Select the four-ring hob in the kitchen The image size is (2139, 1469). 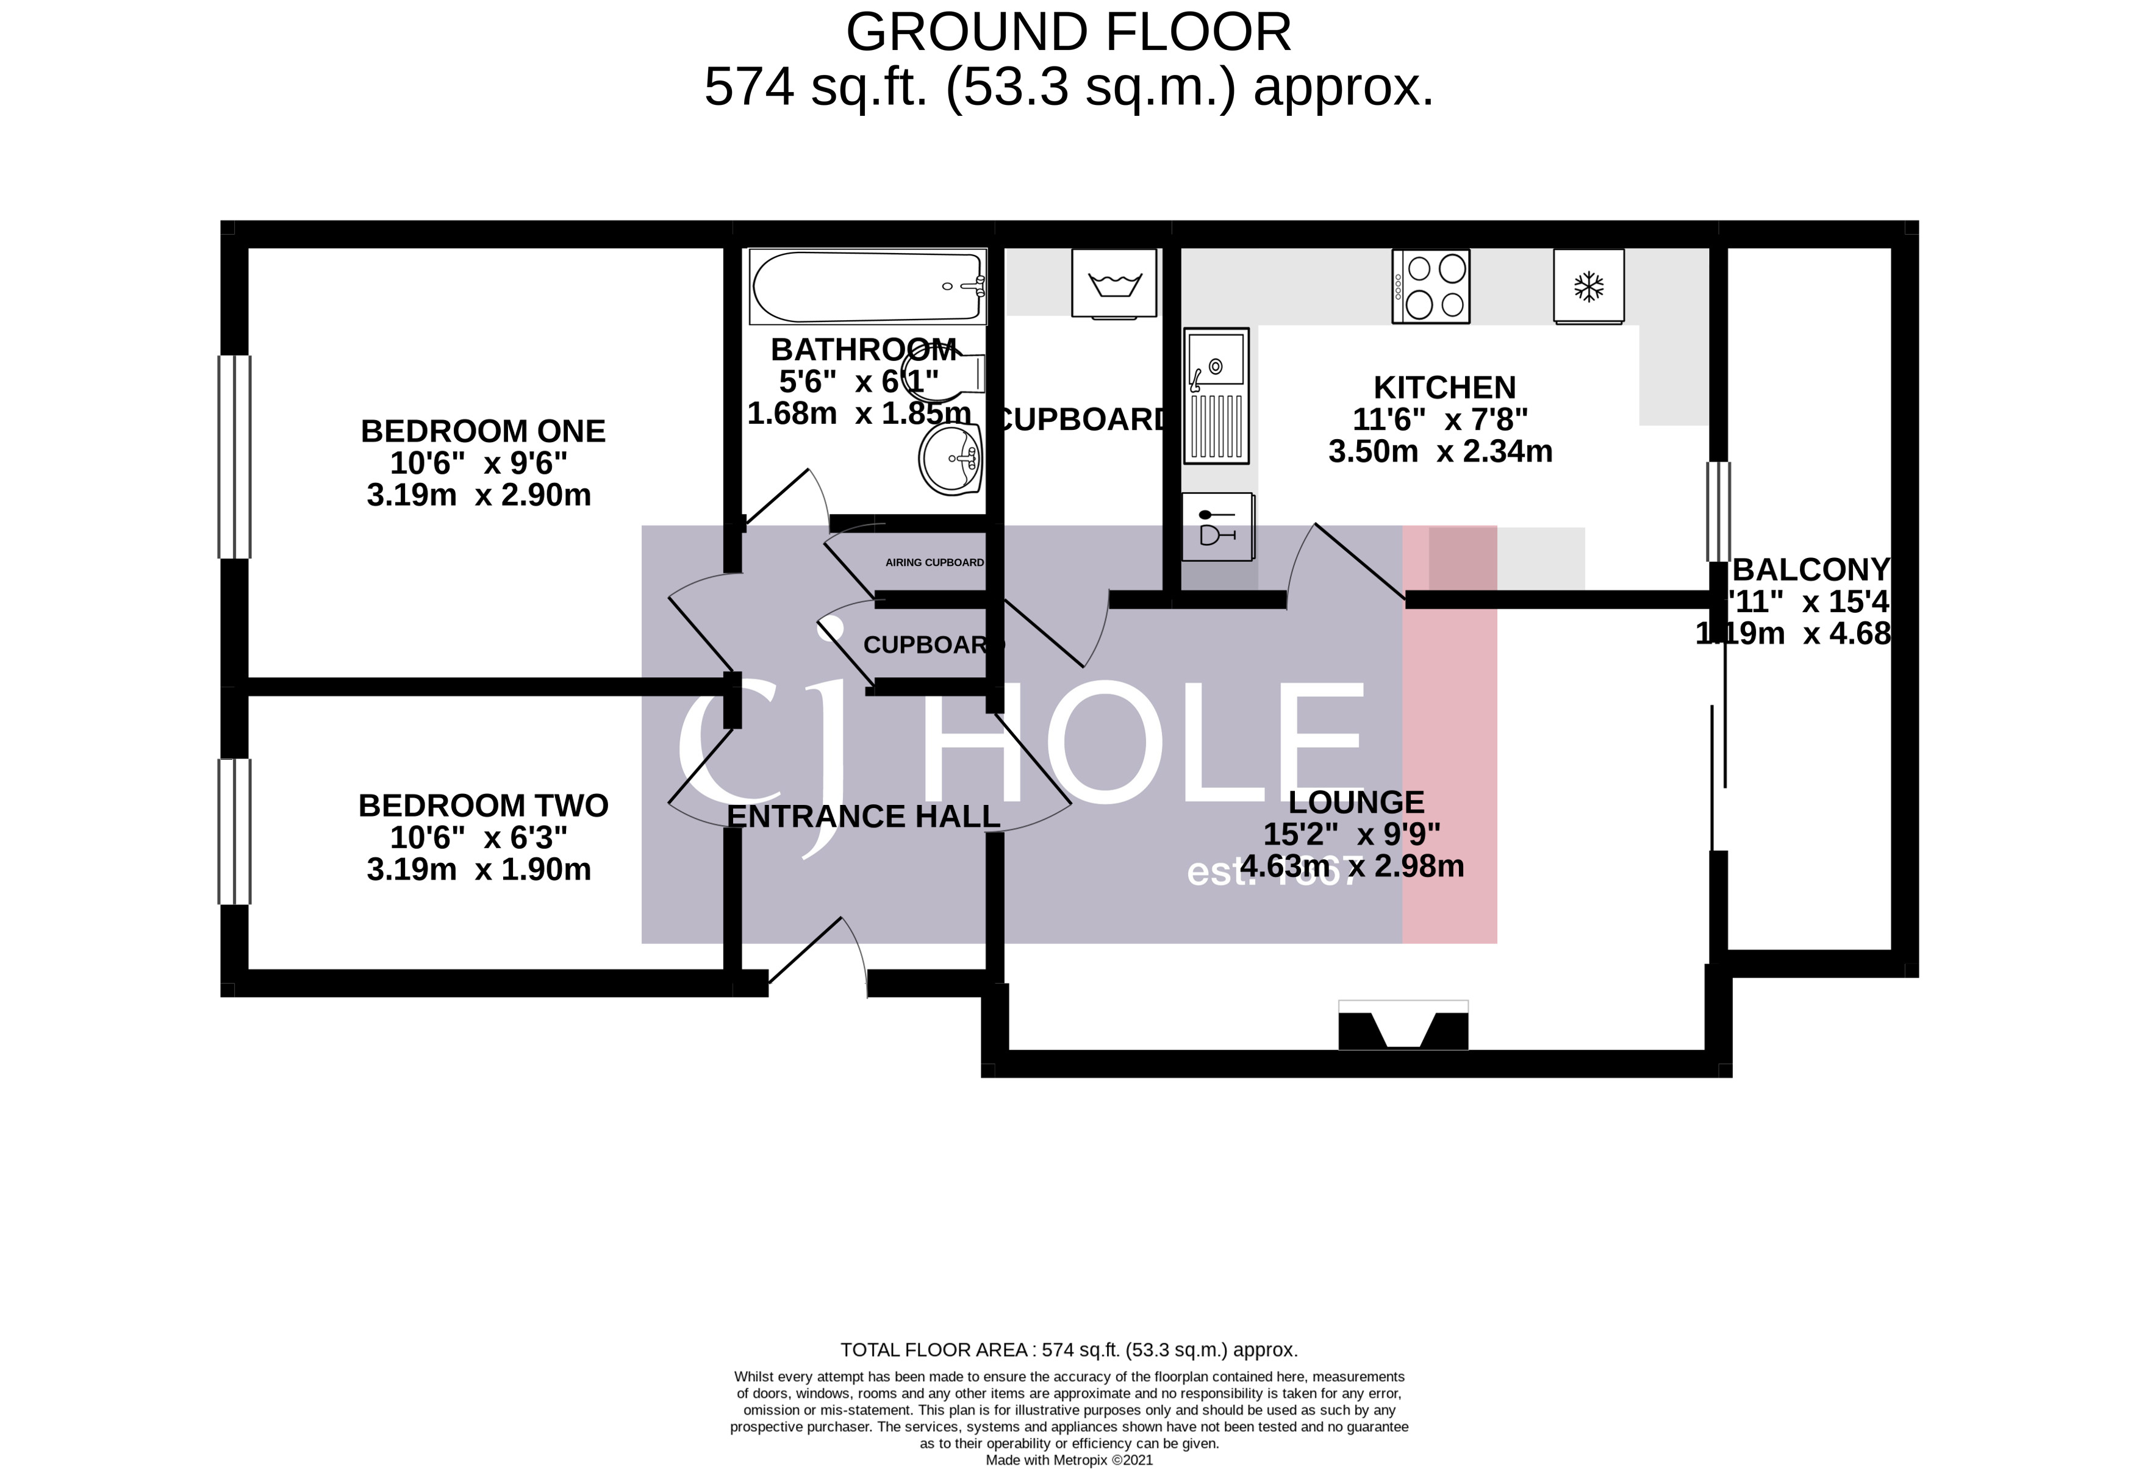[x=1430, y=286]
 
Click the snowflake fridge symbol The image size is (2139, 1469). [x=1589, y=286]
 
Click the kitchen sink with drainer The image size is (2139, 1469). [x=1216, y=396]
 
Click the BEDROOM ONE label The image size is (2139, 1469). [x=482, y=431]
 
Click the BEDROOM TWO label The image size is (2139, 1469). [x=482, y=806]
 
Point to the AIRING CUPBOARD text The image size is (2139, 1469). [x=934, y=562]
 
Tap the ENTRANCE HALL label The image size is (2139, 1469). [x=862, y=817]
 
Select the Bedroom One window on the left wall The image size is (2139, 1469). [x=235, y=457]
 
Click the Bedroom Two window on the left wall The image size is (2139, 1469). [x=235, y=831]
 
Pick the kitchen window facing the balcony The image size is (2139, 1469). [x=1718, y=512]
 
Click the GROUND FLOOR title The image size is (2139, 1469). [x=1069, y=33]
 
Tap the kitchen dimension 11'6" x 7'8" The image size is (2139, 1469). [x=1439, y=420]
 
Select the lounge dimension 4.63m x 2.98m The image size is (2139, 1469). [x=1351, y=866]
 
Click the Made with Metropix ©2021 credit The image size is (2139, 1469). [x=1069, y=1460]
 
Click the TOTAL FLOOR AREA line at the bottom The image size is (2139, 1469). [x=1069, y=1350]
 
